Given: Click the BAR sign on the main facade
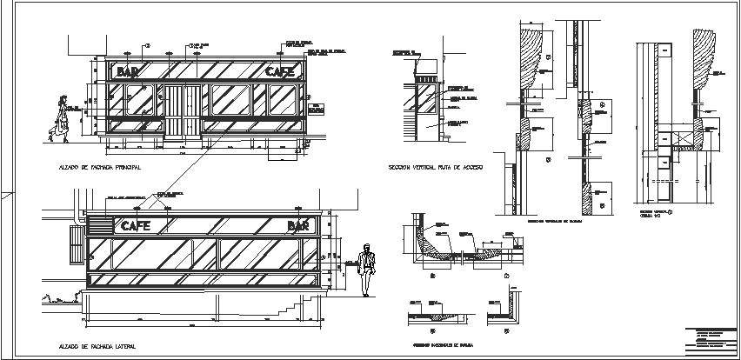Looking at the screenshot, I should (129, 71).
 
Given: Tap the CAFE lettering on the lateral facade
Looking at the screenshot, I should (136, 226).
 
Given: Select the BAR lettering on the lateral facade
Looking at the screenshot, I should (299, 226).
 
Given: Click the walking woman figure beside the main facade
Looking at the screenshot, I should (61, 117).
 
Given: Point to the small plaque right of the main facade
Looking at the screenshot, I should (314, 109).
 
